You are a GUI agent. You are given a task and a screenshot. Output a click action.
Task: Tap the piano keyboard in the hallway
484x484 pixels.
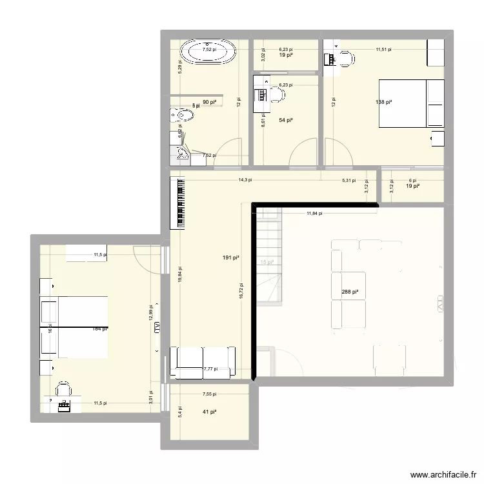178,203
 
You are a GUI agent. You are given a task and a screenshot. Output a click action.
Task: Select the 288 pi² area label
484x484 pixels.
350,292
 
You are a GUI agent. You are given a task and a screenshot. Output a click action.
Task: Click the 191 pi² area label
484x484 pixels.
232,258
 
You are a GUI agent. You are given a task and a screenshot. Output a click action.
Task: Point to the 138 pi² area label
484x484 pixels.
385,102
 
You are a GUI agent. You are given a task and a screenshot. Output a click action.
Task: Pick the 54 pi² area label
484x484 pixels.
286,120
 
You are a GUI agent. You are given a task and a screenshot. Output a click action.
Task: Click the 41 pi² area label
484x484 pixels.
208,412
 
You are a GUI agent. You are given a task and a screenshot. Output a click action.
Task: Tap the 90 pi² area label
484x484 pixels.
210,102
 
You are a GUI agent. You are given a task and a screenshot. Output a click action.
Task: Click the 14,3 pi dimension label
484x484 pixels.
245,181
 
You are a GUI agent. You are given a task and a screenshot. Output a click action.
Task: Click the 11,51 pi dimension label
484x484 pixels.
385,48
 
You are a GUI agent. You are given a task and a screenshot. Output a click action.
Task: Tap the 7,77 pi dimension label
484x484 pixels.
211,369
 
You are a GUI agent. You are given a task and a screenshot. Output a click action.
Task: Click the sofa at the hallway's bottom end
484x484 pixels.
203,362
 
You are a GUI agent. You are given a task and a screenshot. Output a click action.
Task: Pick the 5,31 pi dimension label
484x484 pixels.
348,181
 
